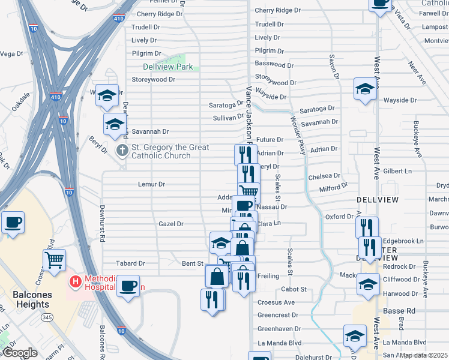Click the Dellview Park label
[x=167, y=67]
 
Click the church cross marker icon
[x=122, y=149]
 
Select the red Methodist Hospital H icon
[x=76, y=281]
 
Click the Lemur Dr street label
[x=151, y=184]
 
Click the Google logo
[x=20, y=353]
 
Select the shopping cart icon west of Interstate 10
[x=54, y=260]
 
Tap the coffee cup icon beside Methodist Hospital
[x=128, y=284]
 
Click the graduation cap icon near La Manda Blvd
[x=355, y=335]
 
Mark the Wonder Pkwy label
[x=298, y=136]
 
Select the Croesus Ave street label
[x=276, y=302]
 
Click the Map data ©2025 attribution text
[x=424, y=355]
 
